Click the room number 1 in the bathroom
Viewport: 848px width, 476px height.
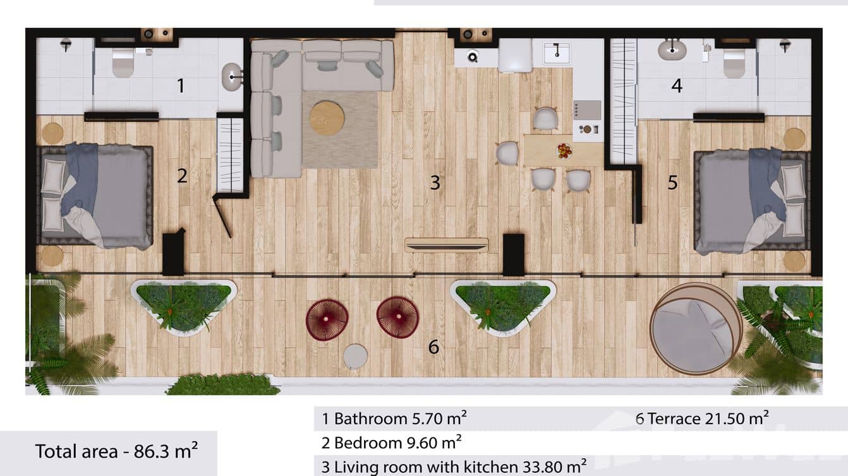(181, 85)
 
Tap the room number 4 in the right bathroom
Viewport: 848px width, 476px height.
(677, 85)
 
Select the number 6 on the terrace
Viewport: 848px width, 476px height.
(433, 347)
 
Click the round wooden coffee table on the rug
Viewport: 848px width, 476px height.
(327, 118)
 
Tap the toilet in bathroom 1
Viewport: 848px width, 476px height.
(123, 62)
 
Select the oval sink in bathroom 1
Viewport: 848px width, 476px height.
(232, 77)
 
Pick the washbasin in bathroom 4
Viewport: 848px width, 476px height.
(672, 49)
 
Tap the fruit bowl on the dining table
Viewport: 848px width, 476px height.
(564, 151)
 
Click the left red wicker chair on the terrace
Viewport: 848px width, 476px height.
(327, 319)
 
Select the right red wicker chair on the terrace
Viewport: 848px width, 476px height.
(397, 317)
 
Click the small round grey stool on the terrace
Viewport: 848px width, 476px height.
(355, 357)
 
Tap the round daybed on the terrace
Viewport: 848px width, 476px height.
(696, 328)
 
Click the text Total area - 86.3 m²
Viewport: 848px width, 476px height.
(116, 451)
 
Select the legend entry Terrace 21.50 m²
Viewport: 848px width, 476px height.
(701, 418)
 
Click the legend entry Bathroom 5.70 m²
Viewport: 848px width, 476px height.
(394, 418)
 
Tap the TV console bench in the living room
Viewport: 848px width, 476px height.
(446, 245)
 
